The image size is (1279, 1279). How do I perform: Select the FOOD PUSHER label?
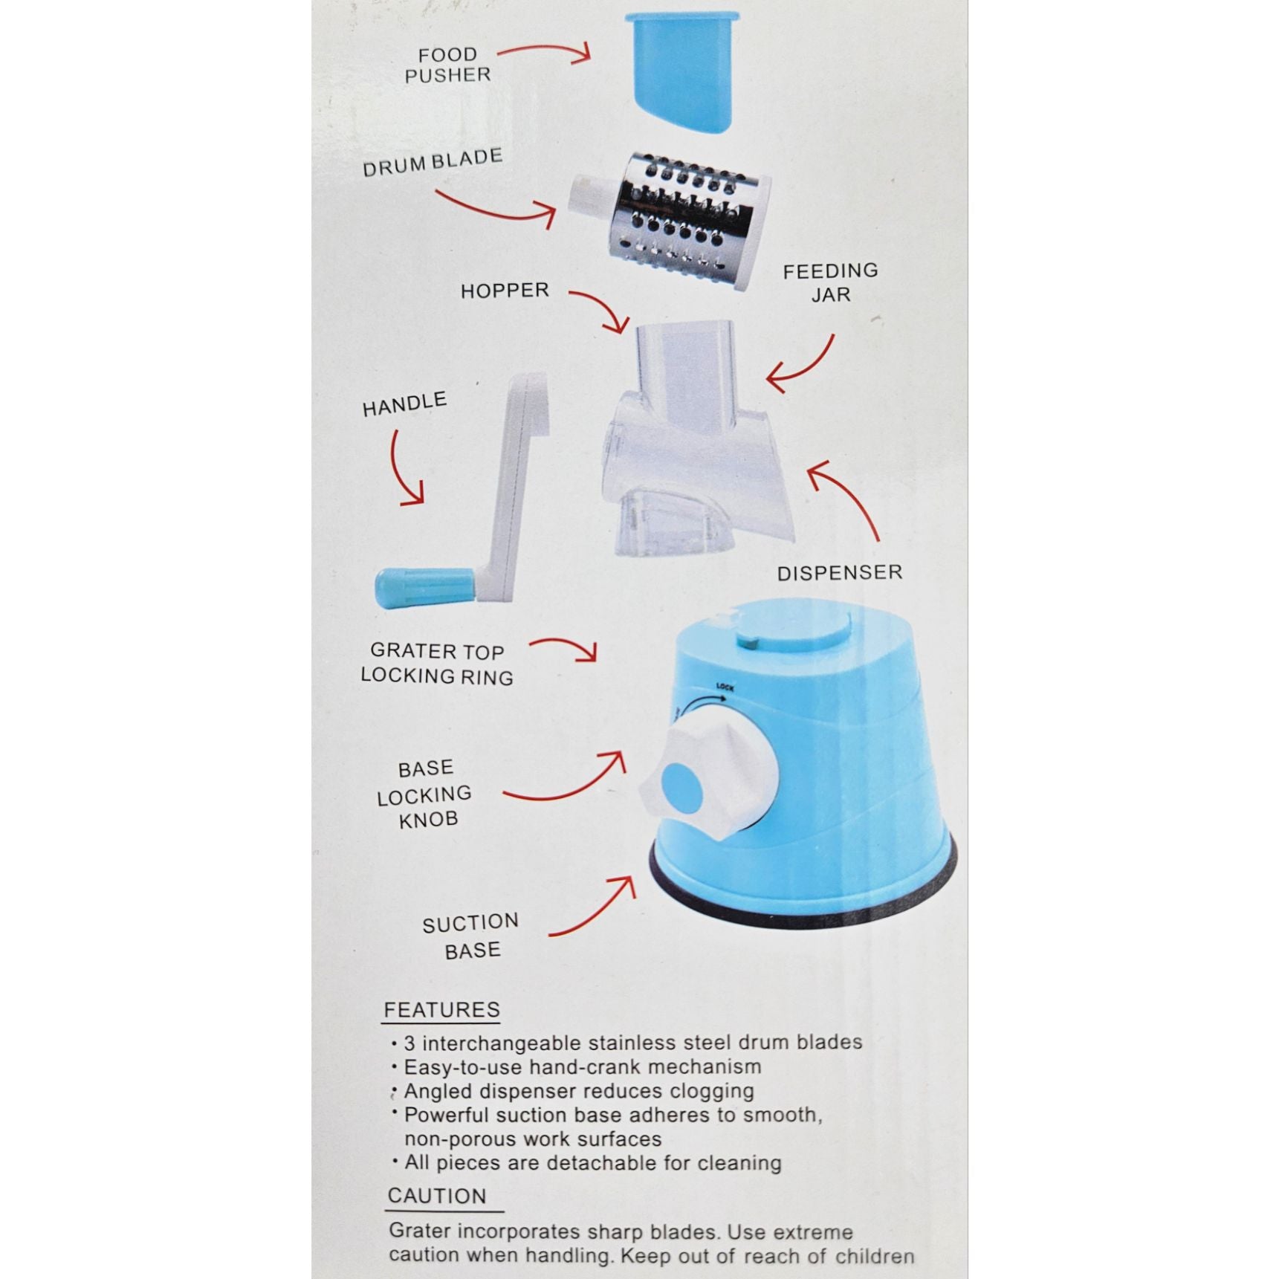[x=447, y=65]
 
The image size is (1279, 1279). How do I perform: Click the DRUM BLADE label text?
[x=433, y=162]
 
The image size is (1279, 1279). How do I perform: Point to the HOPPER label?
[x=505, y=291]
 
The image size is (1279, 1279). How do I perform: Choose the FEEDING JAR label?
[x=830, y=282]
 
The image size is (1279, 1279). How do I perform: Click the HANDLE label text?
[x=404, y=404]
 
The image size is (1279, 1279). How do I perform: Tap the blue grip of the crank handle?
[x=424, y=587]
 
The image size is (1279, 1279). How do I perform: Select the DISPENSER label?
[x=840, y=573]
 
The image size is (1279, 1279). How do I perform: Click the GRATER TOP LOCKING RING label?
[x=437, y=664]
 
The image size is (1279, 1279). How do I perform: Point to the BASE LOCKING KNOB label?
[x=424, y=794]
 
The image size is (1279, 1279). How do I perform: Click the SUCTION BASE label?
[x=471, y=936]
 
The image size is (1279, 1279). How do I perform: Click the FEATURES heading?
[x=441, y=1010]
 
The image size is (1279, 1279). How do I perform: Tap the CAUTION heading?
[x=437, y=1196]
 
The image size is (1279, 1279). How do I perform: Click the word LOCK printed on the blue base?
[x=725, y=687]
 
